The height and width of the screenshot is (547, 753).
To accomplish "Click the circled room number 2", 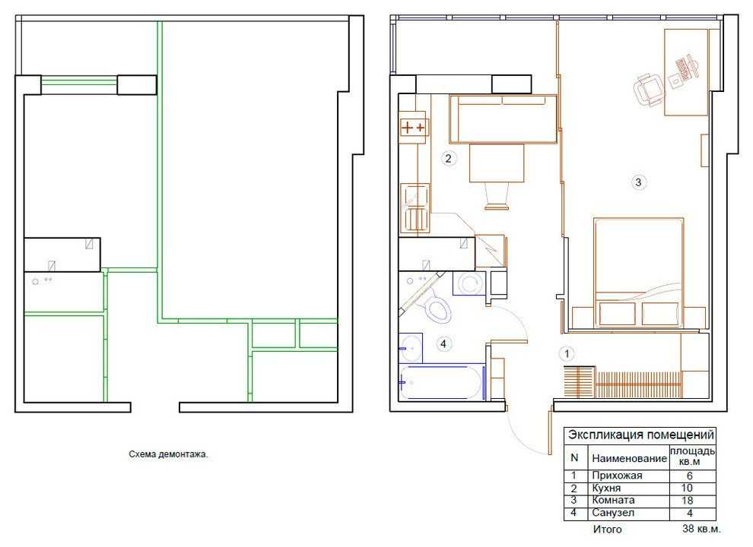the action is coord(449,158).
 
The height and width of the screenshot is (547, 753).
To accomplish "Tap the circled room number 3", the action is coord(638,182).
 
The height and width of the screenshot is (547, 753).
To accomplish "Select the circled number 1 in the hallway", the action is coord(567,354).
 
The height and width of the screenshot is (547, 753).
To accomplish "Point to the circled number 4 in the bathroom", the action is coord(443,344).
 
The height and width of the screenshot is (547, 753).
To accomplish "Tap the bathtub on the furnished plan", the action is coord(441,382).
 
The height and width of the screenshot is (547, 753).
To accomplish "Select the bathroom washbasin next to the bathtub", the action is coord(411,348).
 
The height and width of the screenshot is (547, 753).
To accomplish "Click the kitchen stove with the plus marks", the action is coord(413,128).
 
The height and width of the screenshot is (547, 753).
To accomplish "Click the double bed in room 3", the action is coord(638,273).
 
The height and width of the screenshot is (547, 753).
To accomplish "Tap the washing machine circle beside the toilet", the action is coord(469,283).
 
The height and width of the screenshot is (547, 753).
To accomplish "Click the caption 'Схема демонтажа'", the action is coord(169,454).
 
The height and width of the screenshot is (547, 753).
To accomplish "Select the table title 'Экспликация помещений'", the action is coord(640,435).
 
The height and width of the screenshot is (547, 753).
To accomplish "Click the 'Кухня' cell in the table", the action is coord(606,488).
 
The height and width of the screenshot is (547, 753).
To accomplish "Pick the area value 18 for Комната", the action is coord(688,501).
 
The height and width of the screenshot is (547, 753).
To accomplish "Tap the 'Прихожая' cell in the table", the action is coord(617,476).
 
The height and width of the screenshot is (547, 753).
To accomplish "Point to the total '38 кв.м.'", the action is coord(701,530).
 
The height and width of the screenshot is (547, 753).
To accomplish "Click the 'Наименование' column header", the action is coord(629,458).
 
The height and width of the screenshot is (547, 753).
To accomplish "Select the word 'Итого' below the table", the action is coord(607,530).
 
